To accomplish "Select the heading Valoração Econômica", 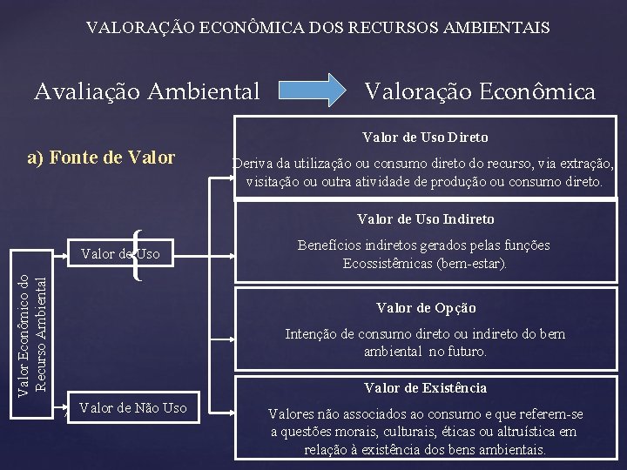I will pos(480,90).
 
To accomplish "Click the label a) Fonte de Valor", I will pos(101,158).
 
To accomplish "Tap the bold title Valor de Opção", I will pos(426,307).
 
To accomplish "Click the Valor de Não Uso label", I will pos(132,406).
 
